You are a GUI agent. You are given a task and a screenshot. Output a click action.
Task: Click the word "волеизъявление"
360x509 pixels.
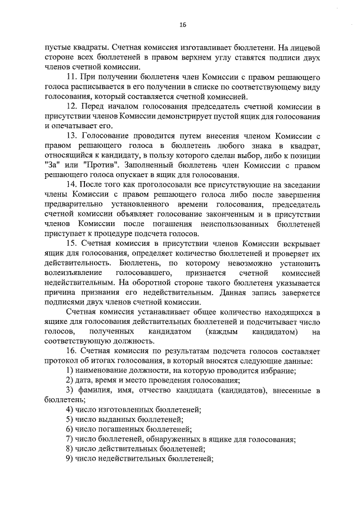[x=74, y=272]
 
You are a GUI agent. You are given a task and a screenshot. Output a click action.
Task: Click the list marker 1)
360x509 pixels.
[x=70, y=370]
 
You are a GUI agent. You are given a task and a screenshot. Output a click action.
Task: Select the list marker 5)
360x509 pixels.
[x=70, y=419]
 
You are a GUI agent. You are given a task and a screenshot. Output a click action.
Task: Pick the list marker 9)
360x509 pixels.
[x=70, y=458]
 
